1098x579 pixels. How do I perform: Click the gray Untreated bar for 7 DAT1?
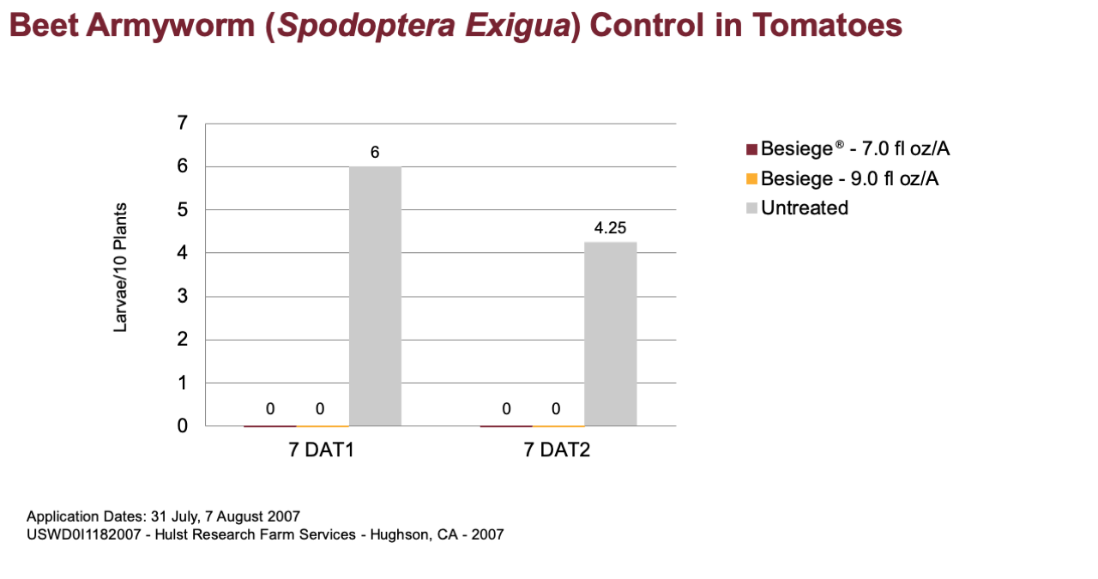pyautogui.click(x=375, y=296)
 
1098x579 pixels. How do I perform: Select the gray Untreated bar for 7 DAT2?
pyautogui.click(x=610, y=334)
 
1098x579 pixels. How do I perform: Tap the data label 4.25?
pyautogui.click(x=610, y=228)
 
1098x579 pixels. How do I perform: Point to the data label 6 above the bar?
pyautogui.click(x=375, y=153)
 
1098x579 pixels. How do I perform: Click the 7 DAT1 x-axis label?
pyautogui.click(x=321, y=449)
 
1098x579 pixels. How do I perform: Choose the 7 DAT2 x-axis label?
pyautogui.click(x=557, y=449)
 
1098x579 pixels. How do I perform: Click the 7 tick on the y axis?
pyautogui.click(x=183, y=123)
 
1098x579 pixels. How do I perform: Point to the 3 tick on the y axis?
pyautogui.click(x=183, y=296)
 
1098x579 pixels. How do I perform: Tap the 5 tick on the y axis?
pyautogui.click(x=183, y=210)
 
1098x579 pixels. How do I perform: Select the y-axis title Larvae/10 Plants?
pyautogui.click(x=120, y=268)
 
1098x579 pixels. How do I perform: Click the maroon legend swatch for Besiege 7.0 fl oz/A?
pyautogui.click(x=751, y=149)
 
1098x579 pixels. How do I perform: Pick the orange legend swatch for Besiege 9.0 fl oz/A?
pyautogui.click(x=751, y=179)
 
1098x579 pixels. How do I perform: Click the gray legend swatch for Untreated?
pyautogui.click(x=751, y=208)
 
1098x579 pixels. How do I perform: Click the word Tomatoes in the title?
pyautogui.click(x=827, y=25)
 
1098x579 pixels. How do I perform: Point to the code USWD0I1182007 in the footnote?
pyautogui.click(x=83, y=534)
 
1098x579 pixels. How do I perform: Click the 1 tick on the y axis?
pyautogui.click(x=183, y=383)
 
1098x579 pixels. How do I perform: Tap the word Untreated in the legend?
pyautogui.click(x=805, y=208)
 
